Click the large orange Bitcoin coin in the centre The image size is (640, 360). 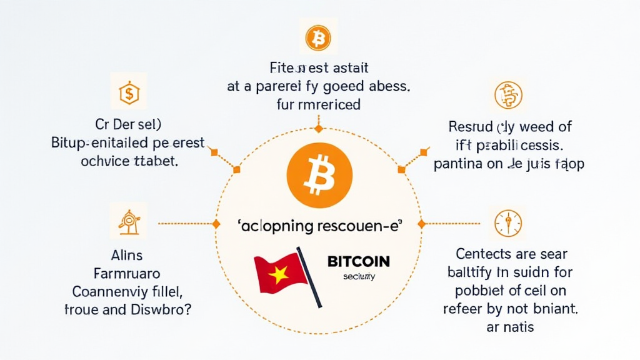click(x=319, y=171)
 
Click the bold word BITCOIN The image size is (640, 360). click(x=358, y=261)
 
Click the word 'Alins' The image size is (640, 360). click(x=127, y=255)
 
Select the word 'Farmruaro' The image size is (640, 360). click(x=127, y=273)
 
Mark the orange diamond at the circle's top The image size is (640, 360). click(x=318, y=129)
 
